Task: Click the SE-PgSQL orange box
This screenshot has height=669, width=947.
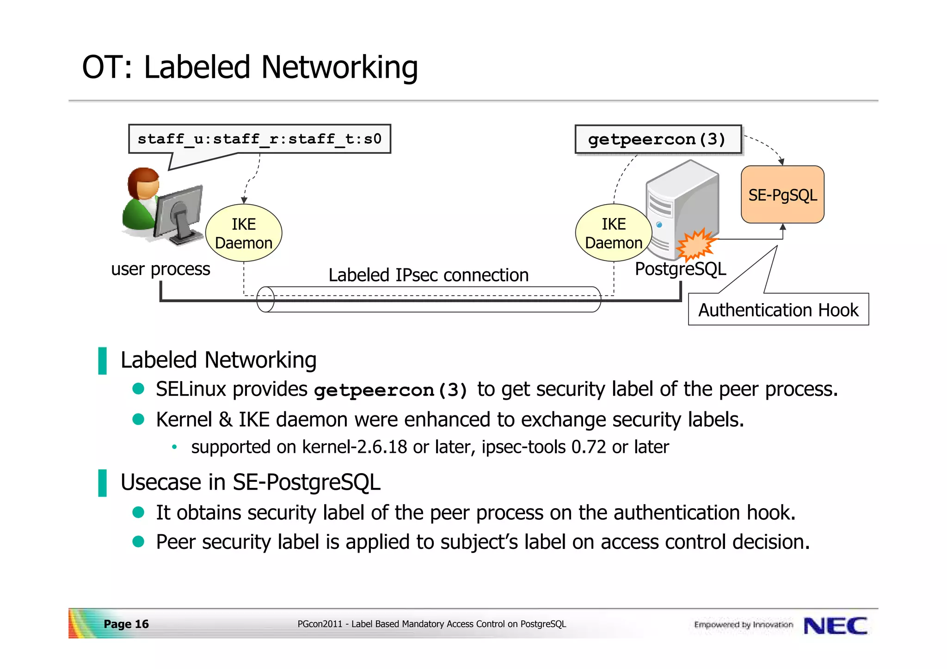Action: click(x=782, y=195)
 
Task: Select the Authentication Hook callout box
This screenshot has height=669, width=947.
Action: click(x=778, y=310)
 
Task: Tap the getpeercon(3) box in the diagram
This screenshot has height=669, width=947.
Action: click(x=657, y=139)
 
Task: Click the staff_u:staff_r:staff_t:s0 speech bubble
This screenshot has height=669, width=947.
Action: click(x=259, y=139)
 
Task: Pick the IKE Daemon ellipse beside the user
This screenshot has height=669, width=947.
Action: click(x=244, y=233)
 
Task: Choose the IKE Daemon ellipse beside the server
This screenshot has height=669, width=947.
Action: click(x=613, y=233)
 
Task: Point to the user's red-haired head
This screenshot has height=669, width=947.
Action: click(x=144, y=183)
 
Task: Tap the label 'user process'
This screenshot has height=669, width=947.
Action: click(x=160, y=269)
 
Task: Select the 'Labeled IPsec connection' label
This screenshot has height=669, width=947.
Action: click(x=428, y=275)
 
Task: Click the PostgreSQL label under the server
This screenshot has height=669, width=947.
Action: click(x=680, y=269)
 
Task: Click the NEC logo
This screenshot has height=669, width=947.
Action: click(x=835, y=626)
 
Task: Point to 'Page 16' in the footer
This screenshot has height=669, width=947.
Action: click(x=126, y=624)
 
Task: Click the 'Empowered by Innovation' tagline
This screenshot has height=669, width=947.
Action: click(x=743, y=625)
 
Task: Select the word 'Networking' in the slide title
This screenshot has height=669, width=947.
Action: click(x=339, y=67)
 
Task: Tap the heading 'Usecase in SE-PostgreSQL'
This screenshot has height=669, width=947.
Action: click(x=250, y=482)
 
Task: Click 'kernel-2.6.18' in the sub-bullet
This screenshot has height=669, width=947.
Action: click(x=354, y=447)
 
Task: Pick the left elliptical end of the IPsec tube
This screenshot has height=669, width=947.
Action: click(x=265, y=299)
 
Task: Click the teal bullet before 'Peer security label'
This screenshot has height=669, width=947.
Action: click(x=138, y=541)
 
